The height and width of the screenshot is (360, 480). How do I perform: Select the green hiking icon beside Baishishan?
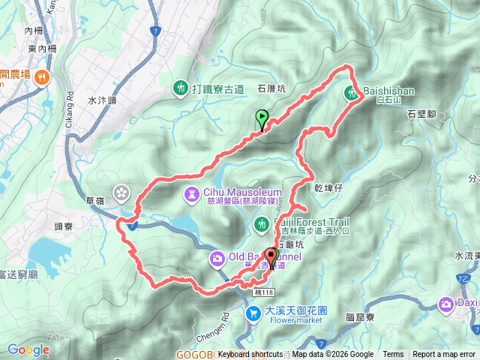[352, 93]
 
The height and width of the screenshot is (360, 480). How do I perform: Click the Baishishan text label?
[389, 91]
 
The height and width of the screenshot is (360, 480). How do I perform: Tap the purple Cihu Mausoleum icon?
[193, 195]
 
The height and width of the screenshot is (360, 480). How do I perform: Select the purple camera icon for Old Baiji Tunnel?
[216, 259]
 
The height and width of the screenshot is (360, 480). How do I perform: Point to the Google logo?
[28, 349]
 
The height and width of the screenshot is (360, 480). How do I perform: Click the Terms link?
[393, 355]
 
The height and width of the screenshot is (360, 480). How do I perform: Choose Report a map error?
[444, 355]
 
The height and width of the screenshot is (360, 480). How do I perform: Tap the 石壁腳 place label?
[422, 114]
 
